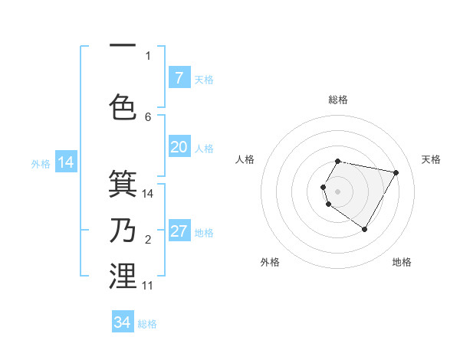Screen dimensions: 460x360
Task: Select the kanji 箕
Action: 123,183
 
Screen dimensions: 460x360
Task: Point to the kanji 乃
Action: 123,230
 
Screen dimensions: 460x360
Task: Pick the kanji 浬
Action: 123,276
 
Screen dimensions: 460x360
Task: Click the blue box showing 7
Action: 179,77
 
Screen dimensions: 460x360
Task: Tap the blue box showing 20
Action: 179,146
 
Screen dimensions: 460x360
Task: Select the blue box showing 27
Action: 179,231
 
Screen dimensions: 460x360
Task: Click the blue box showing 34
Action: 123,322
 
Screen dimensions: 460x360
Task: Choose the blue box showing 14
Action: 65,162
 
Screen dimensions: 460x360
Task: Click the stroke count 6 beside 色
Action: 148,116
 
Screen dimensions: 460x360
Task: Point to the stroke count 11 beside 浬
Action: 148,286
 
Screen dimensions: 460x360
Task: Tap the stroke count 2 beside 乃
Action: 148,241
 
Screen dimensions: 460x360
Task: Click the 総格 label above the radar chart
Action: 337,100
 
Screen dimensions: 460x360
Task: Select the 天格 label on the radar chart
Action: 431,159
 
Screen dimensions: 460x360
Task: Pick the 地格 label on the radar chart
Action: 402,262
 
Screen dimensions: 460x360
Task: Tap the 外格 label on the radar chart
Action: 270,262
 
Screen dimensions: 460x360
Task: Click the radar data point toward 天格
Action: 396,172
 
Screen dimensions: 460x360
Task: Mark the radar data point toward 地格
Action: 364,229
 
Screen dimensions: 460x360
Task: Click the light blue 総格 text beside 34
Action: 147,324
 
